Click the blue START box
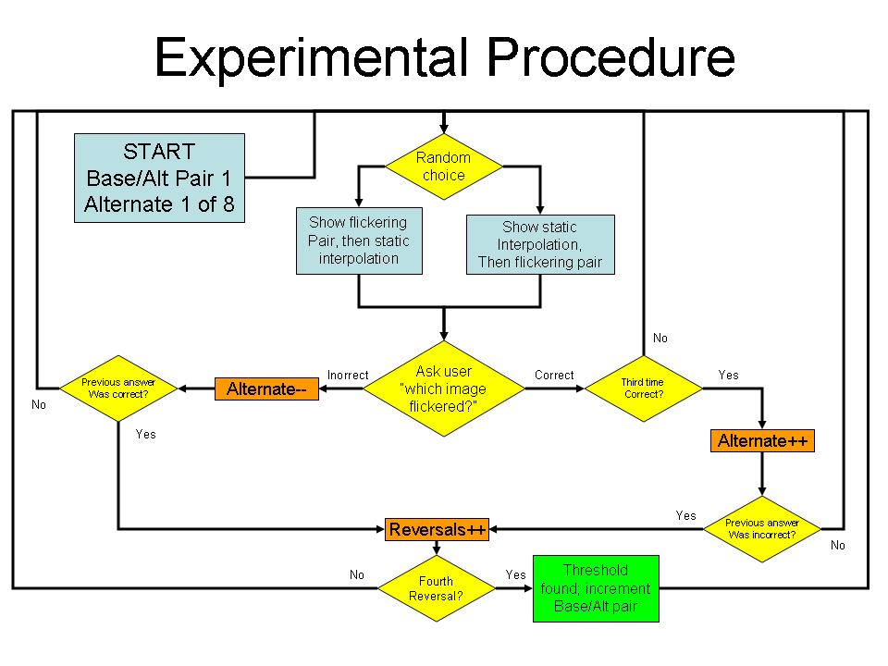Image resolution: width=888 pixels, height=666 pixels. click(x=159, y=178)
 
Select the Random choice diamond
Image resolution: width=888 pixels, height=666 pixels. click(x=444, y=166)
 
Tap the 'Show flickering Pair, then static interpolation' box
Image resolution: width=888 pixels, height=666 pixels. click(x=359, y=241)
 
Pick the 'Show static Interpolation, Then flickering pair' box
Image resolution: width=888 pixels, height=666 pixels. click(x=540, y=244)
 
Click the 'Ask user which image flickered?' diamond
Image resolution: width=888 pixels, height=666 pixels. click(x=444, y=388)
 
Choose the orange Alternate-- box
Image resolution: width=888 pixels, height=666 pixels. click(x=266, y=389)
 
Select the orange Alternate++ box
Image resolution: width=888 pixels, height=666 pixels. click(x=763, y=441)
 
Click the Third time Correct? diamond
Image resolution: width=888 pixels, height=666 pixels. click(x=643, y=388)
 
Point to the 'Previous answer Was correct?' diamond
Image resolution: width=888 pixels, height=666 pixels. click(x=118, y=388)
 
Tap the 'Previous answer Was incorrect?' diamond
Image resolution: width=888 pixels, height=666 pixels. click(x=762, y=529)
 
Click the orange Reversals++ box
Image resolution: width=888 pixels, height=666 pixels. click(x=437, y=529)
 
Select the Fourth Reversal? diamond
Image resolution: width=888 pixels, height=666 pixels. click(x=436, y=589)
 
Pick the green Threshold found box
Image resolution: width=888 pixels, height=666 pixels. click(x=596, y=588)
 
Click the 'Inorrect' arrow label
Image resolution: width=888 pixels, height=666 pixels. click(x=348, y=376)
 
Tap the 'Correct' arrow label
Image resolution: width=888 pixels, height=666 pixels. click(x=554, y=376)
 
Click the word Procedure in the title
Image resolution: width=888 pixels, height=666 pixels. click(x=610, y=57)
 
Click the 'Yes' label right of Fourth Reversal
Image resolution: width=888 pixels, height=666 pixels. click(x=515, y=575)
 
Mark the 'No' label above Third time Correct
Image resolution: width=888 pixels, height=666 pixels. click(x=660, y=339)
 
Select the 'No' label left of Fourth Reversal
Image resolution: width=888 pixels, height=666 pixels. click(x=357, y=575)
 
